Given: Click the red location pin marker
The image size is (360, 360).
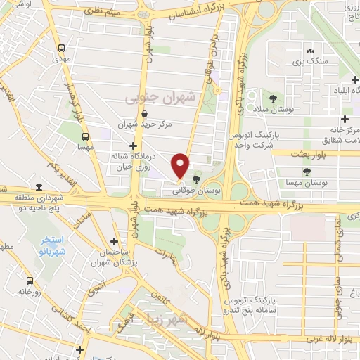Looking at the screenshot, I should (181, 166).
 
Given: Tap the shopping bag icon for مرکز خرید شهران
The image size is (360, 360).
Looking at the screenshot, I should (145, 112).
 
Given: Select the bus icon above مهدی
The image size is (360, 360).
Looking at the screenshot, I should (62, 49).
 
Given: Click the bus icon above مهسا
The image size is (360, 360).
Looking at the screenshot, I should (85, 137).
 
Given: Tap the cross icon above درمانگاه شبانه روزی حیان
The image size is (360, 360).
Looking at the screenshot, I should (133, 146).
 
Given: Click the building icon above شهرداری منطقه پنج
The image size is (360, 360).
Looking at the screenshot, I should (38, 188).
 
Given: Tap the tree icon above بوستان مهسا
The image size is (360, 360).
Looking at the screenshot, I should (306, 172).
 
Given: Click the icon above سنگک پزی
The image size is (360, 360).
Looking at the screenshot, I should (309, 51).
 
